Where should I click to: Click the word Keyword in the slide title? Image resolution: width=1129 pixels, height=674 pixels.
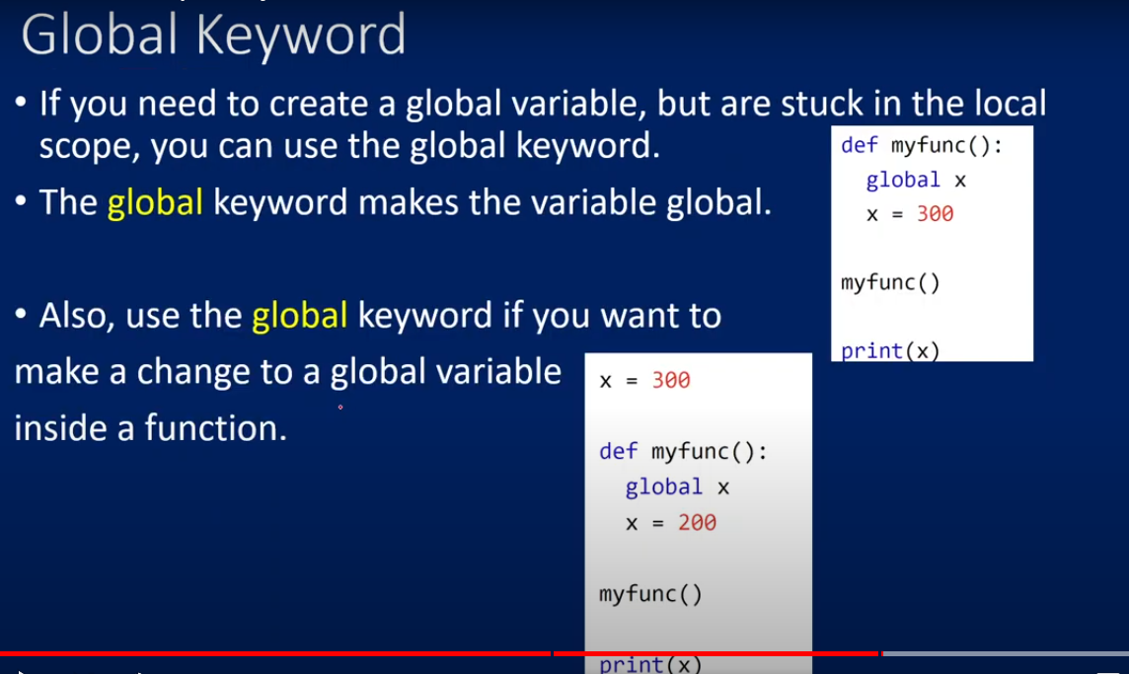[x=301, y=36]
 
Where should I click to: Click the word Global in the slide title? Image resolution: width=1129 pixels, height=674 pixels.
[x=100, y=34]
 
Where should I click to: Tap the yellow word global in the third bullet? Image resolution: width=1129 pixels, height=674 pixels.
[x=300, y=317]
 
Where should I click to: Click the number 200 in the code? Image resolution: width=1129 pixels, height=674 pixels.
[x=697, y=522]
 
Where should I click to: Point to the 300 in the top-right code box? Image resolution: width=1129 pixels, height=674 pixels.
[x=935, y=213]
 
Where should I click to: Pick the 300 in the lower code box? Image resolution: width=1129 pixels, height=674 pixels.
[x=671, y=380]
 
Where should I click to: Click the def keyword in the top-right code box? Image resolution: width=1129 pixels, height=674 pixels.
[x=860, y=145]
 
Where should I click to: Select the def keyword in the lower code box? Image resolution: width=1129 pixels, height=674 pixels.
[x=618, y=451]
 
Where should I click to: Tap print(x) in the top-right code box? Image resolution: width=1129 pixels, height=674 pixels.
[x=891, y=350]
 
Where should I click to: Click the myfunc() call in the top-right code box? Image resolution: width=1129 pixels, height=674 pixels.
[x=891, y=281]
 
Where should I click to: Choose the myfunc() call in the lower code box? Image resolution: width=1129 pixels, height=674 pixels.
[x=650, y=593]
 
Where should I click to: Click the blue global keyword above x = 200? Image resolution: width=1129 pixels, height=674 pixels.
[x=663, y=487]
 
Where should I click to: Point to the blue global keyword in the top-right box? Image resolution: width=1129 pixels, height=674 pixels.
[x=903, y=180]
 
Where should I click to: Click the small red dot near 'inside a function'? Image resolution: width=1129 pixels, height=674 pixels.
[x=340, y=407]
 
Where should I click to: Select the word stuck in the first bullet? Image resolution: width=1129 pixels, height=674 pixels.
[x=821, y=104]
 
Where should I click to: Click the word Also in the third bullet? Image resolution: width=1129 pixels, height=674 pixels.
[x=72, y=316]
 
